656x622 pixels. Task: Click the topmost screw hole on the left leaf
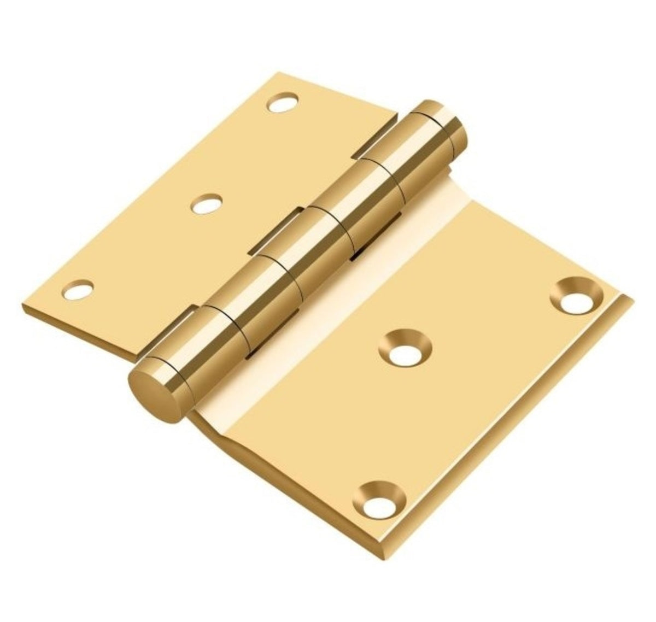coord(283,103)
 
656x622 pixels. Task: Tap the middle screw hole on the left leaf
coord(207,204)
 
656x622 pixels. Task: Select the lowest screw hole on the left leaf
coord(78,290)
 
